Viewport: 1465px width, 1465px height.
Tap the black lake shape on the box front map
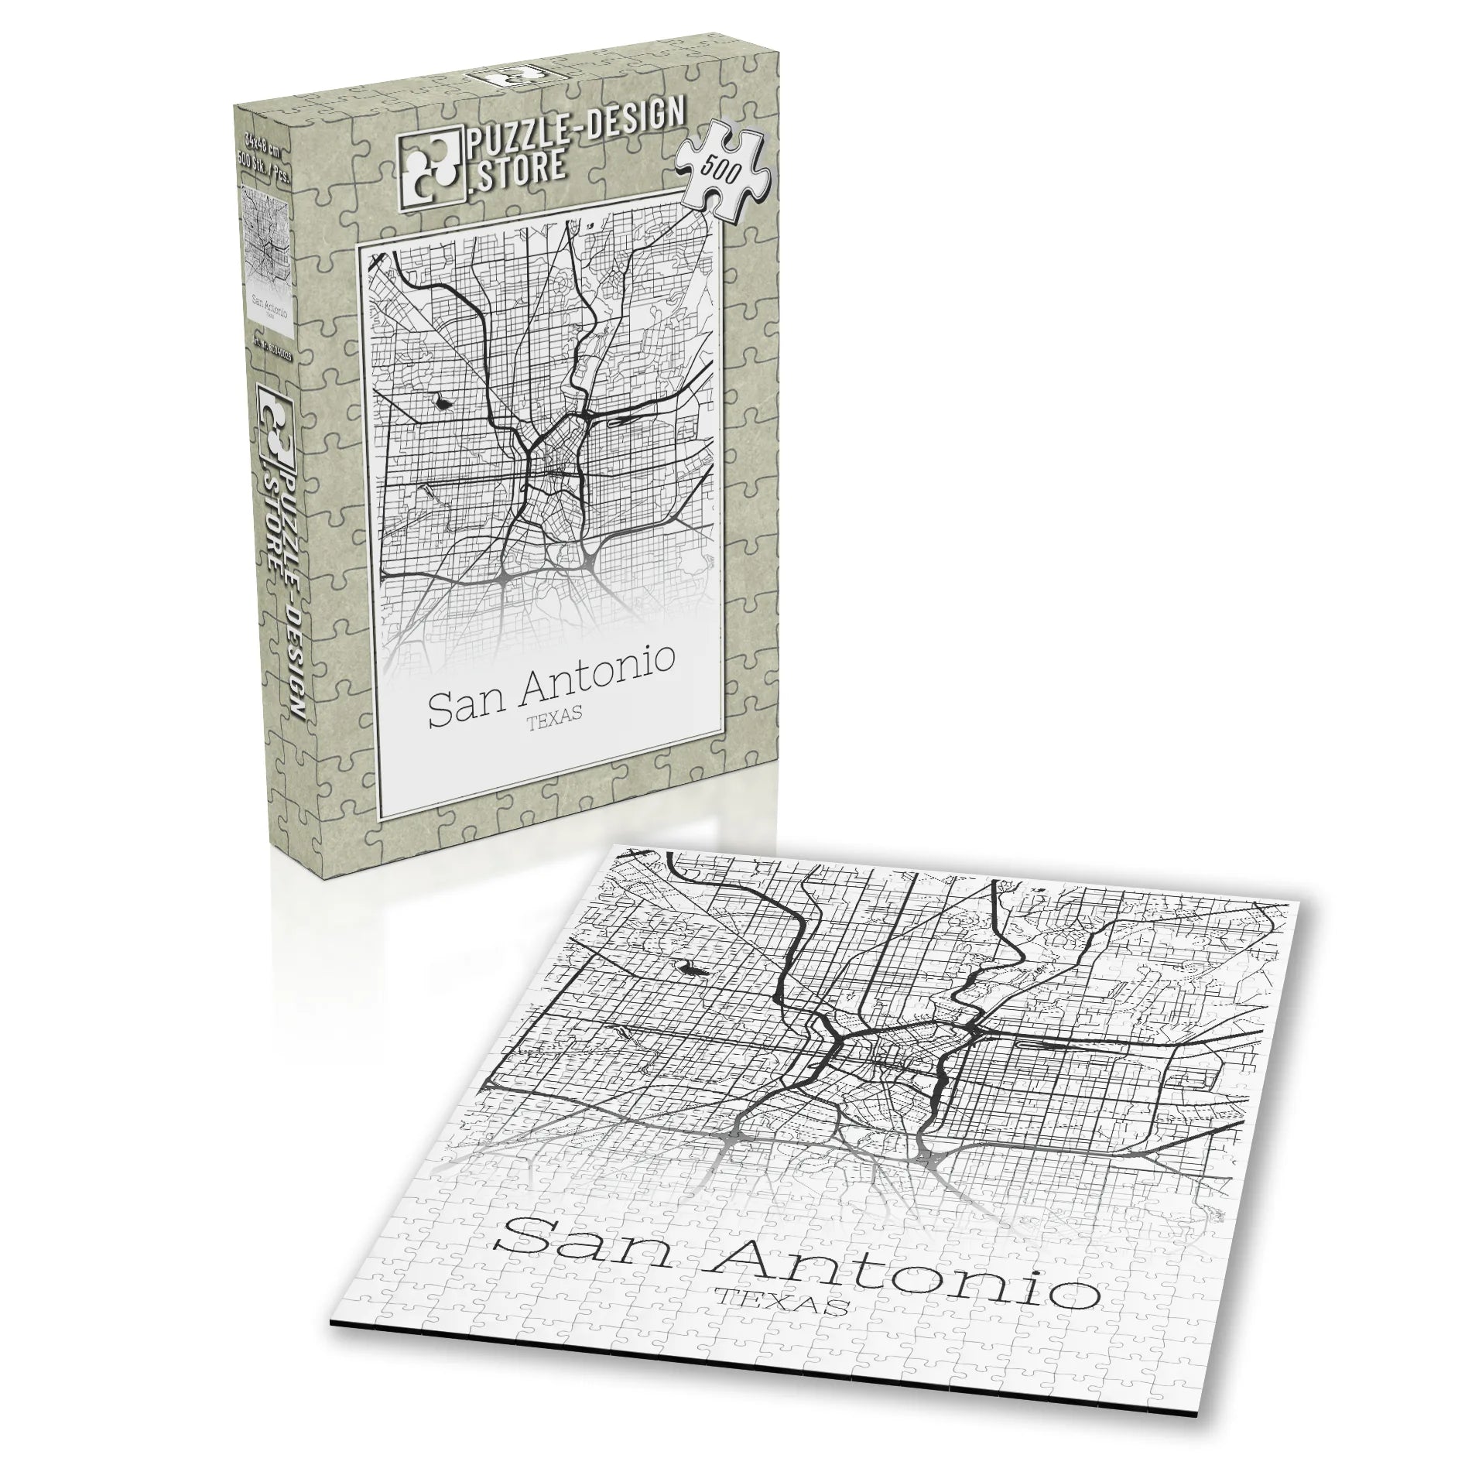443,402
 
